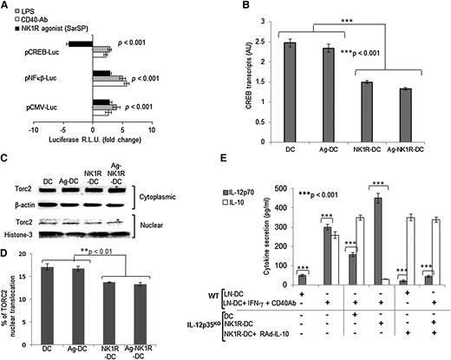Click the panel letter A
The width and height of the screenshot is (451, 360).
click(8, 7)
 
